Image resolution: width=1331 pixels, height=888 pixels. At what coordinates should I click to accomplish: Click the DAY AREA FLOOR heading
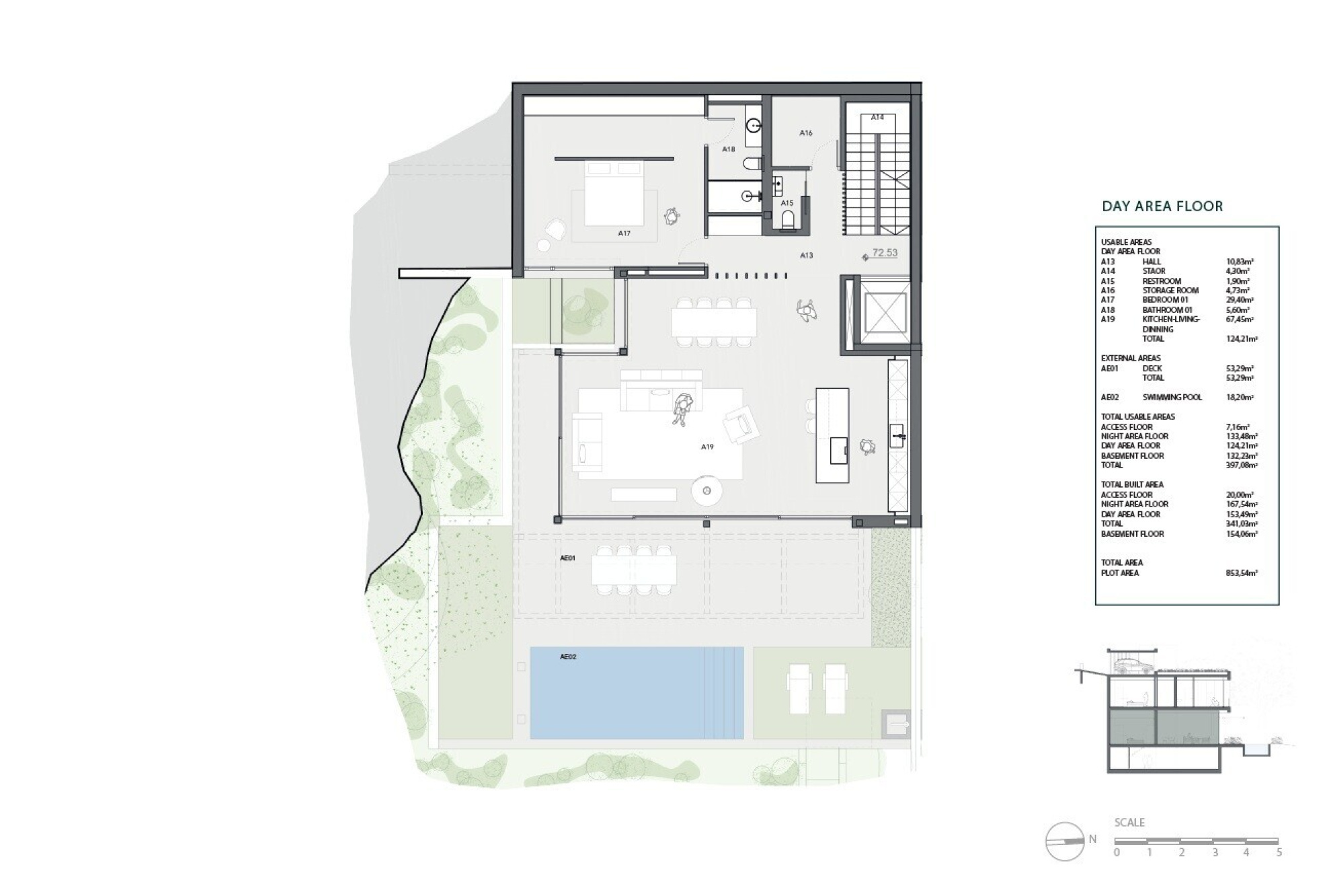(1162, 207)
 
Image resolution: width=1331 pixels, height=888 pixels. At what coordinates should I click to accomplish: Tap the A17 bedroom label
(624, 233)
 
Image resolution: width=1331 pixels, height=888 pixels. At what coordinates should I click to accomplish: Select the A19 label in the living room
(707, 447)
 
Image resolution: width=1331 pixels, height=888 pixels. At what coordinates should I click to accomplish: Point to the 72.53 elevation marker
(881, 254)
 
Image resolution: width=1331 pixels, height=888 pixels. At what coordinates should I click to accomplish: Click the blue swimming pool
(637, 693)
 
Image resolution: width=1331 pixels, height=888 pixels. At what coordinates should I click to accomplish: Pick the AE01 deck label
(568, 558)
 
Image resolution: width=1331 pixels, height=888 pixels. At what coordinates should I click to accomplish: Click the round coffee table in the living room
(707, 490)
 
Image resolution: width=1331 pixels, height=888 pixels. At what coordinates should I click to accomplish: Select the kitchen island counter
(832, 435)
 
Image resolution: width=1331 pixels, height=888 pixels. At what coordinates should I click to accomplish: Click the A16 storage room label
(806, 133)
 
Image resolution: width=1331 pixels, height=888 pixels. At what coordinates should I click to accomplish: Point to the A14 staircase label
(877, 117)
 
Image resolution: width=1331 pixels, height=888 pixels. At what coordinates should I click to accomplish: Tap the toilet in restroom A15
(788, 219)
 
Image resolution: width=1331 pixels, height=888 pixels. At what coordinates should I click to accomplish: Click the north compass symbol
(1065, 842)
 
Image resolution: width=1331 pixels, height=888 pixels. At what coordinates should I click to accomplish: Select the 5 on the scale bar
(1279, 852)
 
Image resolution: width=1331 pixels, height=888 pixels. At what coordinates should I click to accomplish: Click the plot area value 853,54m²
(1242, 573)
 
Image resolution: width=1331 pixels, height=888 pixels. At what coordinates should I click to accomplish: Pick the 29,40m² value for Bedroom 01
(1240, 300)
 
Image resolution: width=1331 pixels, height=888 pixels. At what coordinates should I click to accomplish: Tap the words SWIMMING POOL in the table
(1172, 398)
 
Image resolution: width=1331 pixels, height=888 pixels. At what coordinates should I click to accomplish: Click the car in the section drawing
(1133, 665)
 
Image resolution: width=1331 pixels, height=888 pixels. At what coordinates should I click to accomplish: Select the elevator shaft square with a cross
(885, 313)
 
